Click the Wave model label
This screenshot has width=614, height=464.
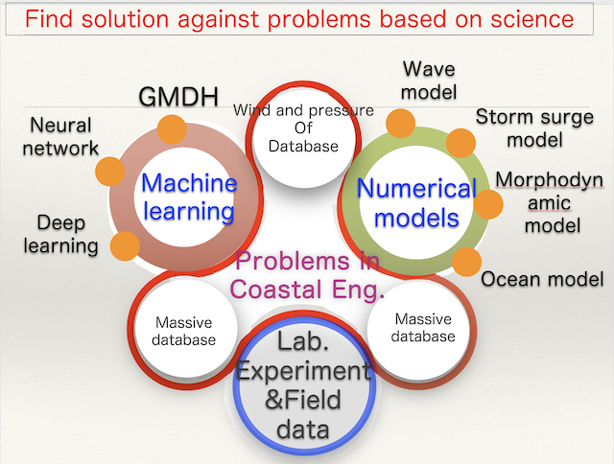coord(429,81)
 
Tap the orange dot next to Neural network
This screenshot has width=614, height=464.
coord(111,172)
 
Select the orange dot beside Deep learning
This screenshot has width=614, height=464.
coord(125,244)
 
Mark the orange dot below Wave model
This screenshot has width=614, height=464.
coord(400,122)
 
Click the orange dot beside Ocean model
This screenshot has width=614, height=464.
coord(466,261)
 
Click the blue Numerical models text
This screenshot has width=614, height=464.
coord(416,202)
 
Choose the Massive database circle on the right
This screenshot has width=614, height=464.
coord(423,327)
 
